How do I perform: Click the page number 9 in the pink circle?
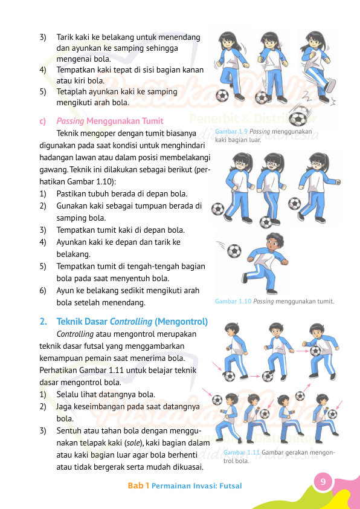tap(323, 482)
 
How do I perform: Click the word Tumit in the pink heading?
tap(152, 121)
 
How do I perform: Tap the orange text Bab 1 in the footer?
tap(138, 486)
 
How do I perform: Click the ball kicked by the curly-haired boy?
tap(234, 250)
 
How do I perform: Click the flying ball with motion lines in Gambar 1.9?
tap(298, 118)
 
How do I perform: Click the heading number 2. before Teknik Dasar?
tap(43, 321)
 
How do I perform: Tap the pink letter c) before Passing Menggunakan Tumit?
tap(43, 121)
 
